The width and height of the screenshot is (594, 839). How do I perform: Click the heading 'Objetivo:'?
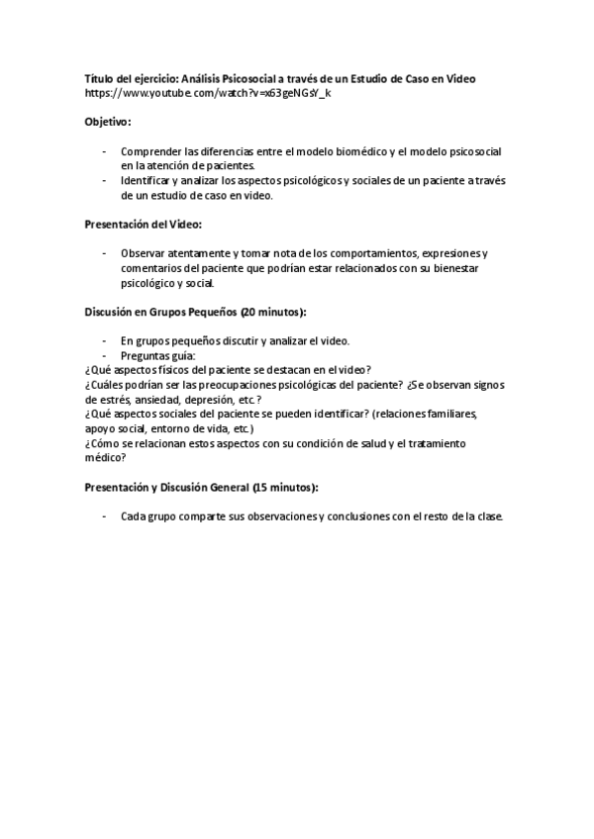pos(107,122)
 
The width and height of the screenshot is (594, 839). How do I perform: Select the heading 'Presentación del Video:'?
pos(143,225)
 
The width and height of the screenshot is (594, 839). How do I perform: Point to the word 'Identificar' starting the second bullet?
pos(146,181)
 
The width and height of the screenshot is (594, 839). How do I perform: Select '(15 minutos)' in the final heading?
pos(285,489)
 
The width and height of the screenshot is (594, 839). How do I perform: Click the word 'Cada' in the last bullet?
pos(133,517)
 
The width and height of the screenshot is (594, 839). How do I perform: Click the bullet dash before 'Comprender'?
pos(104,151)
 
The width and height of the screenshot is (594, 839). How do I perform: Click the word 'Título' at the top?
pos(100,79)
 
